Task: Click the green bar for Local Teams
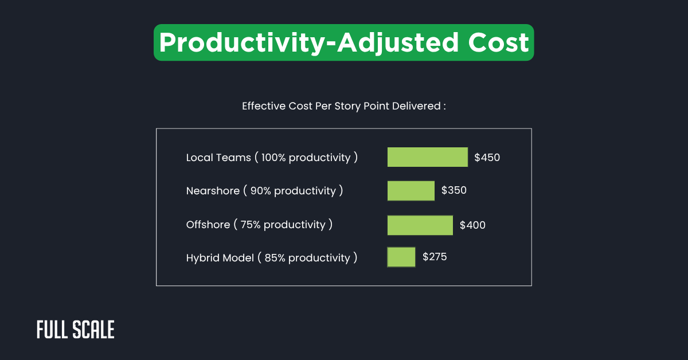[x=427, y=157]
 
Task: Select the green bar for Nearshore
[x=411, y=191]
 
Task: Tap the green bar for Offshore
[x=420, y=225]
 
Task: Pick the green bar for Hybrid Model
[x=401, y=257]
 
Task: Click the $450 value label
[x=487, y=158]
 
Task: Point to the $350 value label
[x=454, y=190]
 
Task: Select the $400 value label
[x=472, y=225]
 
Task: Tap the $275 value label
[x=435, y=257]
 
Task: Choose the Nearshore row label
[x=213, y=191]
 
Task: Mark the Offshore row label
[x=208, y=225]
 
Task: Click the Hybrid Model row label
[x=220, y=258]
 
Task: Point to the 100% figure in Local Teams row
[x=273, y=158]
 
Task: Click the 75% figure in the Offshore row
[x=251, y=225]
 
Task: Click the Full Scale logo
[x=76, y=330]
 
